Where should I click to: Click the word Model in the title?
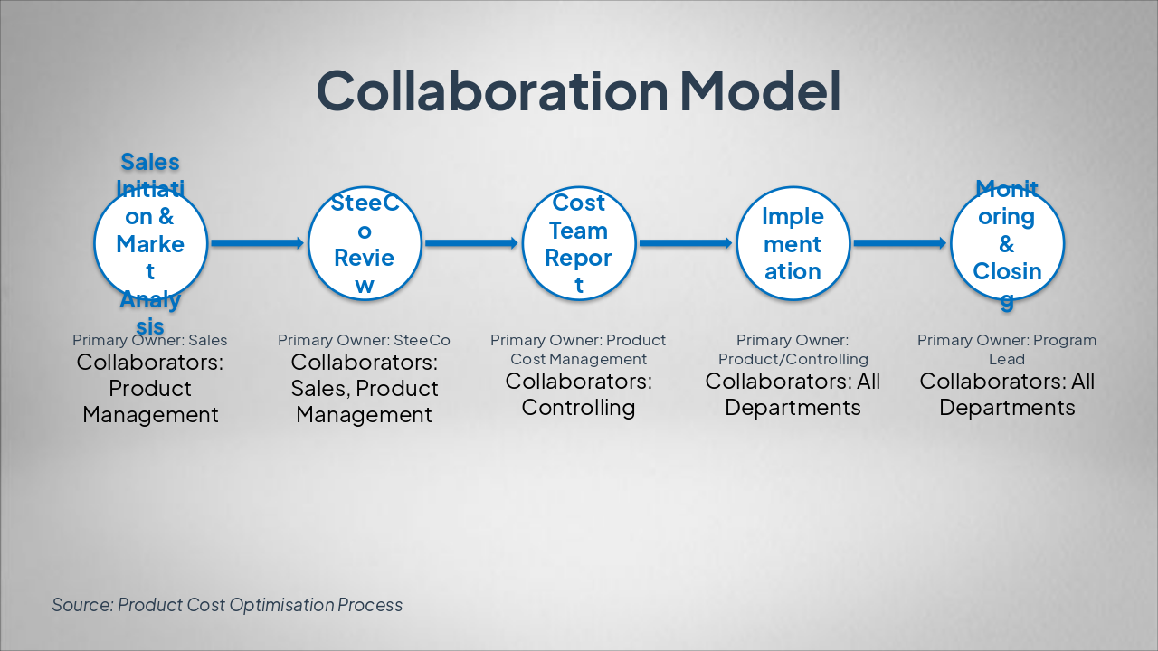(x=760, y=90)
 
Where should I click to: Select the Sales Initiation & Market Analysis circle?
(x=150, y=243)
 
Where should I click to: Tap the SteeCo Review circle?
(x=365, y=243)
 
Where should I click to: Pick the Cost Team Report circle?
(x=579, y=243)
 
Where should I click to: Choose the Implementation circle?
(x=793, y=243)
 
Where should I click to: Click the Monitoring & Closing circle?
(x=1007, y=243)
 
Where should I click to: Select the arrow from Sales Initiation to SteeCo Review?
(x=257, y=243)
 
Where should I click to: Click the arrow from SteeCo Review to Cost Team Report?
(x=471, y=243)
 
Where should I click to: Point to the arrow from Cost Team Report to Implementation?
(x=686, y=243)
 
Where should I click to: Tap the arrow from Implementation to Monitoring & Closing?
(x=900, y=243)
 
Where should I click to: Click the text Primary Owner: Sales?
(x=150, y=341)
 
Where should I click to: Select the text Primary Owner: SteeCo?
(x=364, y=341)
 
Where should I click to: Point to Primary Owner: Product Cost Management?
(x=578, y=349)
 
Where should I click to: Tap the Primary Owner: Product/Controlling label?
(x=793, y=349)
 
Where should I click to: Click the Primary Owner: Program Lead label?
(x=1007, y=349)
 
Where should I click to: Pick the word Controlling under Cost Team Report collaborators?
(x=578, y=408)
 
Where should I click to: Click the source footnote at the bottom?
(x=227, y=605)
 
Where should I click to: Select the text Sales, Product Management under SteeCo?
(x=365, y=401)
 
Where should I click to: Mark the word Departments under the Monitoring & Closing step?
(x=1007, y=408)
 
